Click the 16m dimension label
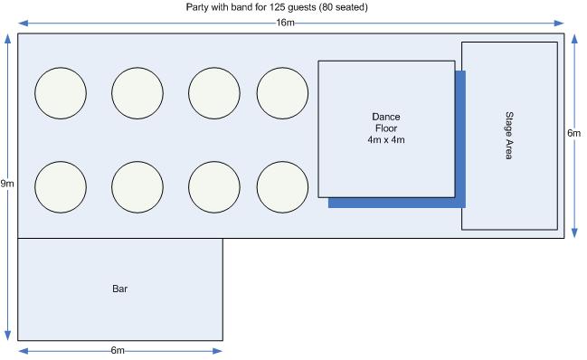285,23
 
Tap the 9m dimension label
7,184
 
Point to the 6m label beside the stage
574,133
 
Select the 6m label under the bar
118,350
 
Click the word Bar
119,289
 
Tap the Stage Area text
509,136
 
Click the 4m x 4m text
386,140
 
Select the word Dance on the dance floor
386,117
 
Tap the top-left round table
61,93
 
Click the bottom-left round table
61,187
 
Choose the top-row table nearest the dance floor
282,93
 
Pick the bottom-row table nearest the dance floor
282,187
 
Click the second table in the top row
137,93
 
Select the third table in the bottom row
214,187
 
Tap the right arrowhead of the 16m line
559,24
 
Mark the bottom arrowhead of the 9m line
7,336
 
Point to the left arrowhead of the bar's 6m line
24,351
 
